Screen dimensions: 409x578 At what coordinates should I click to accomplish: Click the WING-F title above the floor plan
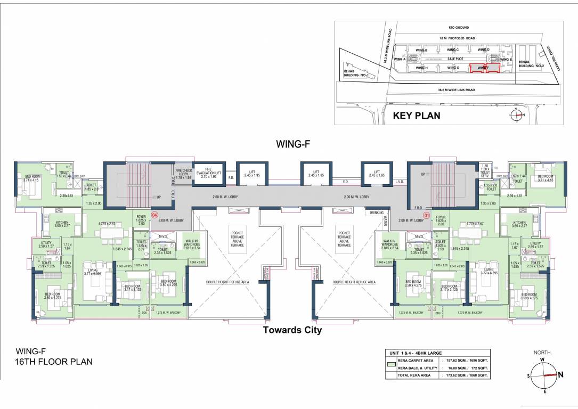[292, 143]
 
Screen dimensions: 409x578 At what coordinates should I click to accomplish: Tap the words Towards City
[292, 330]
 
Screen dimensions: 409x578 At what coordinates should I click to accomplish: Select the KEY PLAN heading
[416, 115]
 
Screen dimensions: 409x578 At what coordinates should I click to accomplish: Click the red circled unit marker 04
[154, 216]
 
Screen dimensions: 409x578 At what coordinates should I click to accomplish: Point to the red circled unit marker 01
[426, 216]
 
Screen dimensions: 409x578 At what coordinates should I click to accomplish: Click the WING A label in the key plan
[400, 59]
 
